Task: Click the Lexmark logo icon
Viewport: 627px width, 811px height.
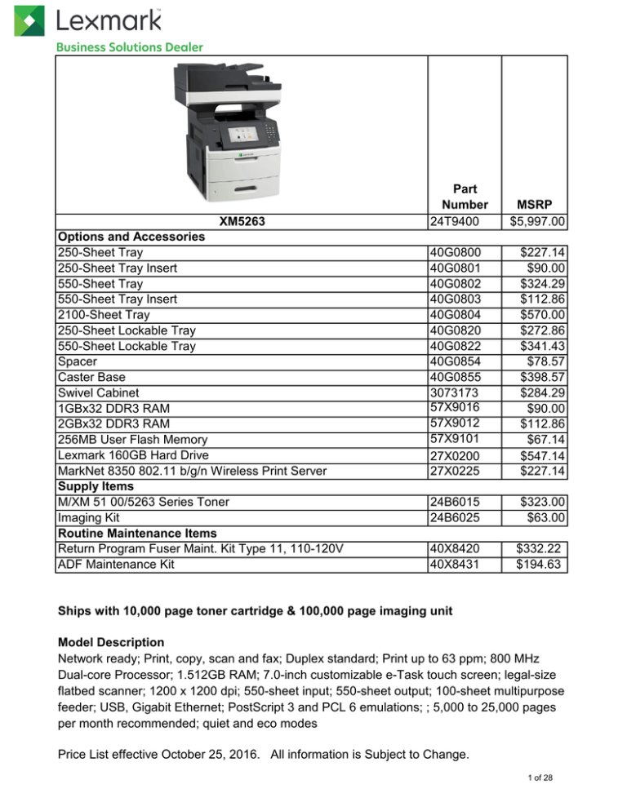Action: point(29,20)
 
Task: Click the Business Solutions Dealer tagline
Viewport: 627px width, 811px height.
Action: point(129,47)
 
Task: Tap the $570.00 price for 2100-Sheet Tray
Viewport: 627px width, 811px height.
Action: point(548,315)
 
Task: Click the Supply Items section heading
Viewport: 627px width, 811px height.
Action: point(96,485)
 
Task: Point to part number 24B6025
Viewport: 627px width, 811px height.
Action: point(456,516)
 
